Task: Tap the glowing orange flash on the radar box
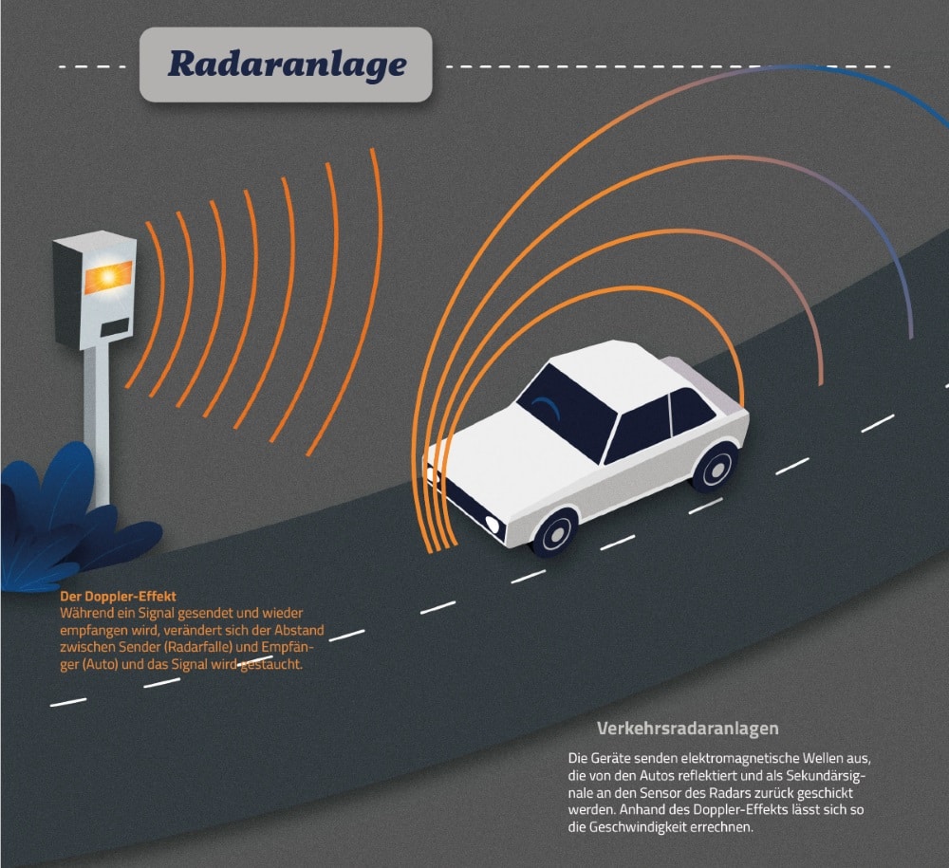(108, 277)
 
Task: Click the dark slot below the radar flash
(115, 327)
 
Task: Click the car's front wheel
(554, 532)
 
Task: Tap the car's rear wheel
(715, 466)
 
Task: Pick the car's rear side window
(692, 411)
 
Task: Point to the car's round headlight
(492, 526)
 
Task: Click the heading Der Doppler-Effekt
(118, 597)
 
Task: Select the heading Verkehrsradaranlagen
(687, 729)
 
